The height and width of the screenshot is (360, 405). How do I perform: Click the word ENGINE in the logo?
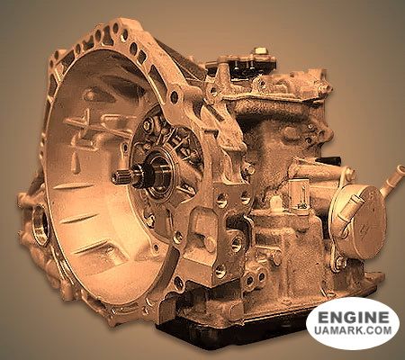point(354,317)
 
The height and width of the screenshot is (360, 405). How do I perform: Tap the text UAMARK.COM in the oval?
point(353,330)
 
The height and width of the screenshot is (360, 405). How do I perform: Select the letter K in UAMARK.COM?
point(359,330)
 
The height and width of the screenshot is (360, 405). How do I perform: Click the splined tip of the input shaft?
point(119,177)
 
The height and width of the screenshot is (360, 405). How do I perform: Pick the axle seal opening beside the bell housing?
point(40,223)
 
